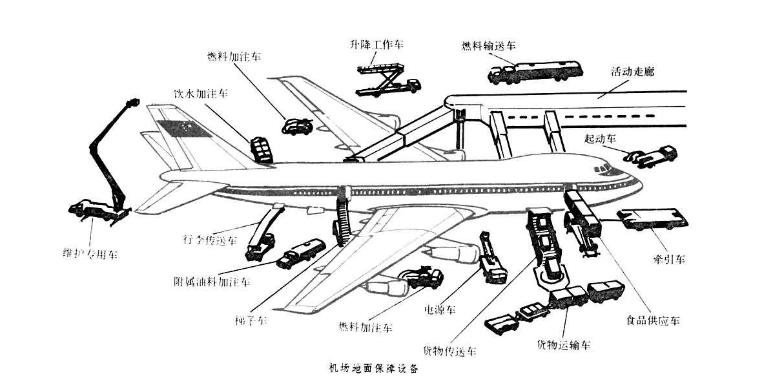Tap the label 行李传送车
[x=211, y=241]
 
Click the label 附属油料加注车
[x=212, y=282]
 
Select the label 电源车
[x=439, y=309]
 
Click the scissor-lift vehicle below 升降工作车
[x=387, y=78]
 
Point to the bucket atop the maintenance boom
[x=133, y=103]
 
